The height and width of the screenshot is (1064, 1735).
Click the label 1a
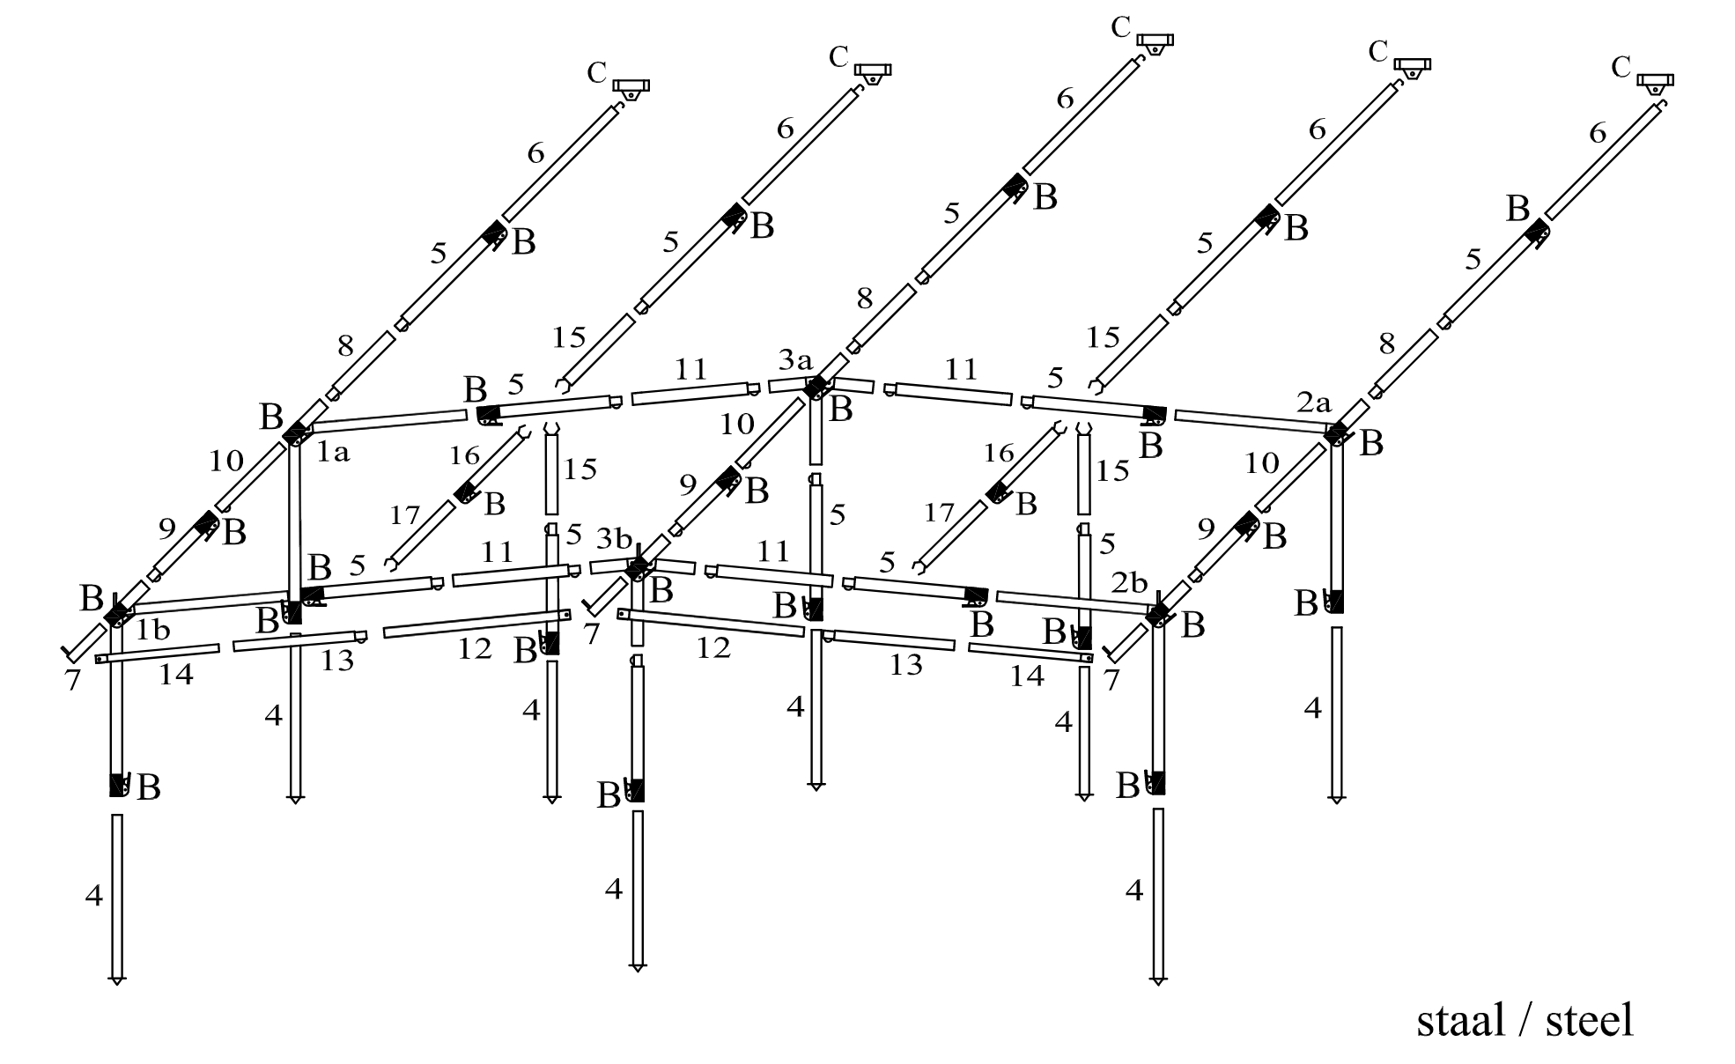pos(333,453)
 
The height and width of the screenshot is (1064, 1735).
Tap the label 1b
pos(152,631)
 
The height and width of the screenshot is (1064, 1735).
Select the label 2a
pos(1313,403)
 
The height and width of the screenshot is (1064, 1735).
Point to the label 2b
pos(1129,583)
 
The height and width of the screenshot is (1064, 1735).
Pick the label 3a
pos(795,359)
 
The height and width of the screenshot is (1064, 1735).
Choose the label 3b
pos(614,537)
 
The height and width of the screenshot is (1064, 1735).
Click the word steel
pos(1590,1020)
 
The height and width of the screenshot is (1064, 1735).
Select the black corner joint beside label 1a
pos(296,432)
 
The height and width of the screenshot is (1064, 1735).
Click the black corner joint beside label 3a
pos(816,387)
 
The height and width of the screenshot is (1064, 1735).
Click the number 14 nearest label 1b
pos(176,675)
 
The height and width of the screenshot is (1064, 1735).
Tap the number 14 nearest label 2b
pos(1026,676)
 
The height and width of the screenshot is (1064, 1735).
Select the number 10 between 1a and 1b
pos(225,461)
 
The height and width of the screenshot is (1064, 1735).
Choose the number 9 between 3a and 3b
pos(688,484)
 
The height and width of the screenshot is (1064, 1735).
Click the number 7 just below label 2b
pos(1111,681)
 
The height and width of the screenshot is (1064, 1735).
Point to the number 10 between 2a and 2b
pos(1261,462)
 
